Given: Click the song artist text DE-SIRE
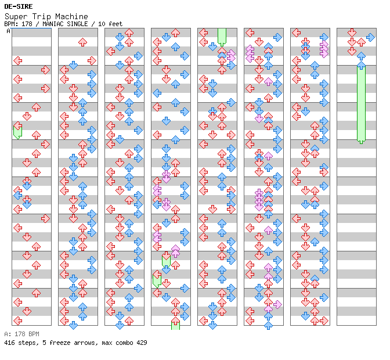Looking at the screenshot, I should tap(18, 6).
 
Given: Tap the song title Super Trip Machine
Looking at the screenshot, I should tap(46, 16).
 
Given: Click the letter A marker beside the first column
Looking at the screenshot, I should tap(8, 31).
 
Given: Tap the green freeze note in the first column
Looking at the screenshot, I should tap(17, 131).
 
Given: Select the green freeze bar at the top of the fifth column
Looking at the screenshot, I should tap(222, 37).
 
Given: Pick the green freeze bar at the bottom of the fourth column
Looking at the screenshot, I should tap(175, 323).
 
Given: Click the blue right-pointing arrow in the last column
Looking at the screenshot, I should tap(370, 38).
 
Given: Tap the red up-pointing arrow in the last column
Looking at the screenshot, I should tap(361, 42).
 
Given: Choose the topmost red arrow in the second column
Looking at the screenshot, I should tap(82, 42).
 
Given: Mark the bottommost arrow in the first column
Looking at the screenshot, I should tap(17, 321).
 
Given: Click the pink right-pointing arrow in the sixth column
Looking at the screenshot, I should tap(277, 304).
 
